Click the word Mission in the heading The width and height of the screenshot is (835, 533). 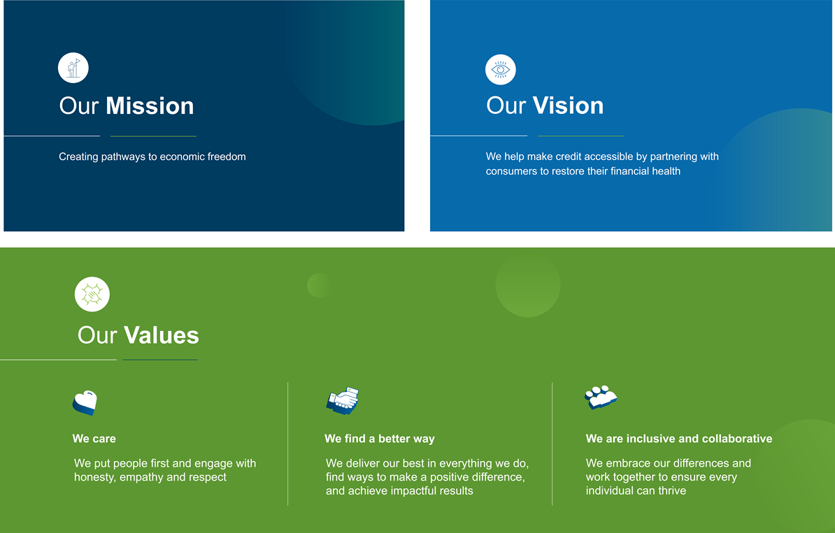(150, 106)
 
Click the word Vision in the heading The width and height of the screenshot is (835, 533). (568, 105)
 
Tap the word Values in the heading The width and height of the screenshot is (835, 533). (162, 335)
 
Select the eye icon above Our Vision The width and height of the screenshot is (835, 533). (501, 70)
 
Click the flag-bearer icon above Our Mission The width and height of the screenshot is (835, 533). (73, 68)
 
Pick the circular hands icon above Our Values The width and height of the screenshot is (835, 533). (92, 294)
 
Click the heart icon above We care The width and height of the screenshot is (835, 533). (85, 402)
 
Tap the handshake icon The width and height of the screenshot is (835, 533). (343, 400)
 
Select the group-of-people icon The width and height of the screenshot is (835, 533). (601, 397)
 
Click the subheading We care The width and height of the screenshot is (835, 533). (94, 439)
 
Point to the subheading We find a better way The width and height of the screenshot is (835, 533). (380, 439)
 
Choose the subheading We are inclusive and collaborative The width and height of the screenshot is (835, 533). (679, 439)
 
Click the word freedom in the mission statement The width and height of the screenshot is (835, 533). (227, 157)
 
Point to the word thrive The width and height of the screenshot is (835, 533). (671, 490)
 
